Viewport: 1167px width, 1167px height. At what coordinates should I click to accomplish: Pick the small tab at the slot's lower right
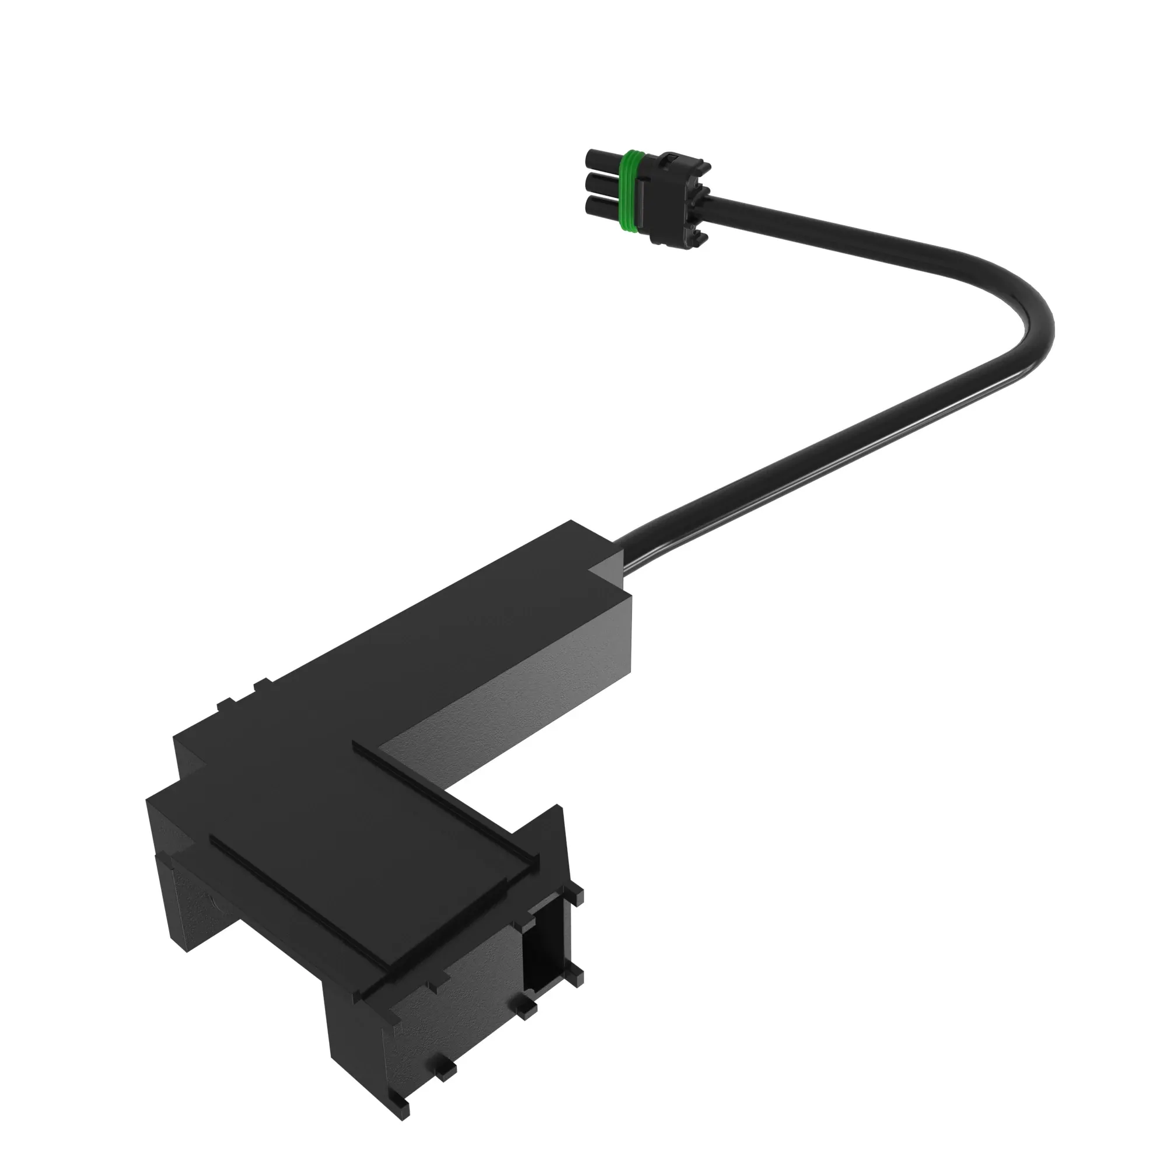point(575,974)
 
